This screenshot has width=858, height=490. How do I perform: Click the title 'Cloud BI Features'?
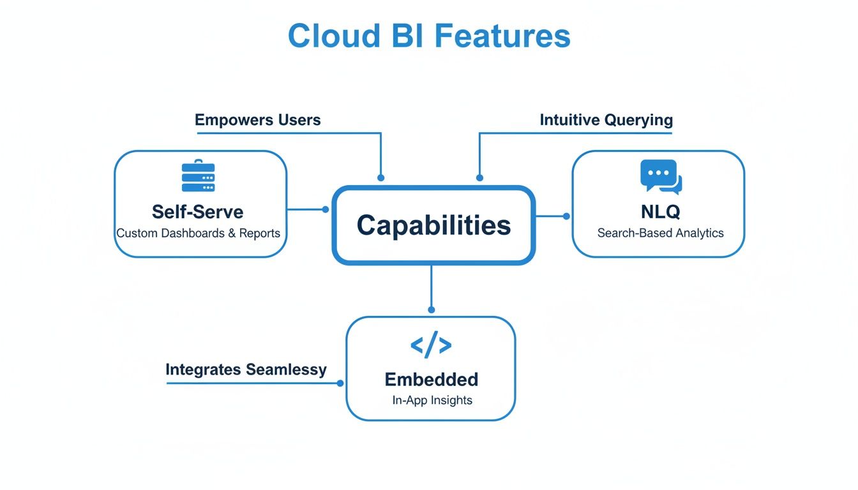coord(429,36)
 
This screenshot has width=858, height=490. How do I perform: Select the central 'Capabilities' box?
coord(433,225)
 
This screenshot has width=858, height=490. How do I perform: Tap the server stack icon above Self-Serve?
coord(199,175)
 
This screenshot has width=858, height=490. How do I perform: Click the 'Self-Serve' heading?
coord(198,211)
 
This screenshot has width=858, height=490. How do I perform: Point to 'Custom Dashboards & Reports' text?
coord(198,234)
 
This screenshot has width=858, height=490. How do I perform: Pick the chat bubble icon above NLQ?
coord(661,177)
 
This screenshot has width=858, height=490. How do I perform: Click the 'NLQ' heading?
coord(661,211)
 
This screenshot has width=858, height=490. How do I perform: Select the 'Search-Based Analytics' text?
coord(661,234)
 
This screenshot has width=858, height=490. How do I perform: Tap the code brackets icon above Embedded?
coord(431,345)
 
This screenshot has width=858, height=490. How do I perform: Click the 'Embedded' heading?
coord(431,380)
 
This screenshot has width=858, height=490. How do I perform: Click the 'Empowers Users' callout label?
coord(257,120)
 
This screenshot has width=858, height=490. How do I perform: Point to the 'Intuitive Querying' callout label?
coord(606,120)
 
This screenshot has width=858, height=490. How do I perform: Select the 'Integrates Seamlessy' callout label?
coord(246,369)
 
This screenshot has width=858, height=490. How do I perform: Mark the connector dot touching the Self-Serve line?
coord(326,209)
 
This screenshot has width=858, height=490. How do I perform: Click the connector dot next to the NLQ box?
coord(566,216)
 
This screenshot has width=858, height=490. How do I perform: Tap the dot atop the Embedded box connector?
coord(432,309)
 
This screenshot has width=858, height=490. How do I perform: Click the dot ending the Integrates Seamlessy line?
coord(340,383)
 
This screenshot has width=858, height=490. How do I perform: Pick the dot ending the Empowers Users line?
coord(381,178)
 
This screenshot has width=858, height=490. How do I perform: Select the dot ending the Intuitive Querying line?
coord(479,178)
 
